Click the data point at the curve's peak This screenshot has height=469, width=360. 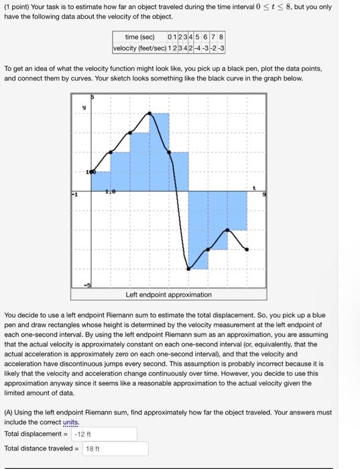tap(149, 113)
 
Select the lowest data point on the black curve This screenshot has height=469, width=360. tap(188, 269)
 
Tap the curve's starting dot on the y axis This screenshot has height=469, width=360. tap(91, 172)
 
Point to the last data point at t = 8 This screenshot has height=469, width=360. tap(247, 249)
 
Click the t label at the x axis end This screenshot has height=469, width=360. tap(255, 188)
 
